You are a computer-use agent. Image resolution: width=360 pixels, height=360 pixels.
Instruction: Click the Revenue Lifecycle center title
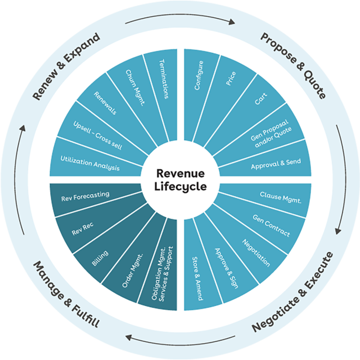pyautogui.click(x=180, y=179)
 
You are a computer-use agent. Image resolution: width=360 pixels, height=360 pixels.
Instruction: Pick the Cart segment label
pyautogui.click(x=260, y=98)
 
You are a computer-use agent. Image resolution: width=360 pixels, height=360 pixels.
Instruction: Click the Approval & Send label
pyautogui.click(x=276, y=162)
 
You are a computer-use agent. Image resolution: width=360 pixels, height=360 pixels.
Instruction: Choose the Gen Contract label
pyautogui.click(x=271, y=225)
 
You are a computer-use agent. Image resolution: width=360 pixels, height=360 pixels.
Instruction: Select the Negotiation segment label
pyautogui.click(x=255, y=252)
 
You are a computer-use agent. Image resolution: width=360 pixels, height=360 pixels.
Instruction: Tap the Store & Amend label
pyautogui.click(x=197, y=272)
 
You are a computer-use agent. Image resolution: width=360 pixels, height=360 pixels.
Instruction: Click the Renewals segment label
pyautogui.click(x=105, y=103)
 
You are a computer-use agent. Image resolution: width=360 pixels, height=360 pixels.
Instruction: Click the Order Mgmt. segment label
pyautogui.click(x=133, y=271)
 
